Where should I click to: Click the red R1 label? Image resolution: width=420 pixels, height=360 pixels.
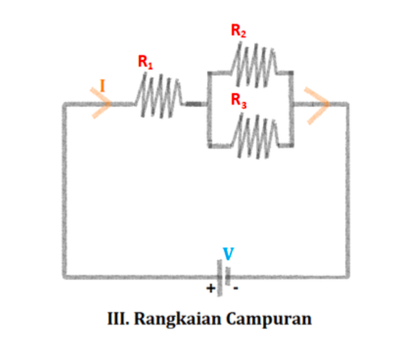tap(146, 62)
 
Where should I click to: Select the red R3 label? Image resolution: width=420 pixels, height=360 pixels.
tap(239, 100)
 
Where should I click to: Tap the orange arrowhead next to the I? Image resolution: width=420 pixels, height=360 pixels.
tap(101, 103)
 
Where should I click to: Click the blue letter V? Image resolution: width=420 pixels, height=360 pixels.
tap(228, 253)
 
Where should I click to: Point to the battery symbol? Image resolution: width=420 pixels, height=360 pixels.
tap(223, 277)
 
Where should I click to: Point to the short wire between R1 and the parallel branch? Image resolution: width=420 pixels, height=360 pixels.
tap(194, 104)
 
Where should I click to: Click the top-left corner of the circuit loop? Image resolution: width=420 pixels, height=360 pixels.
tap(65, 104)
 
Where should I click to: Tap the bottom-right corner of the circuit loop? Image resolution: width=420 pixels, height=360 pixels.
tap(347, 276)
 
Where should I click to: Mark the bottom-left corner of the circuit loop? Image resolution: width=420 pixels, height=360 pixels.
tap(65, 276)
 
